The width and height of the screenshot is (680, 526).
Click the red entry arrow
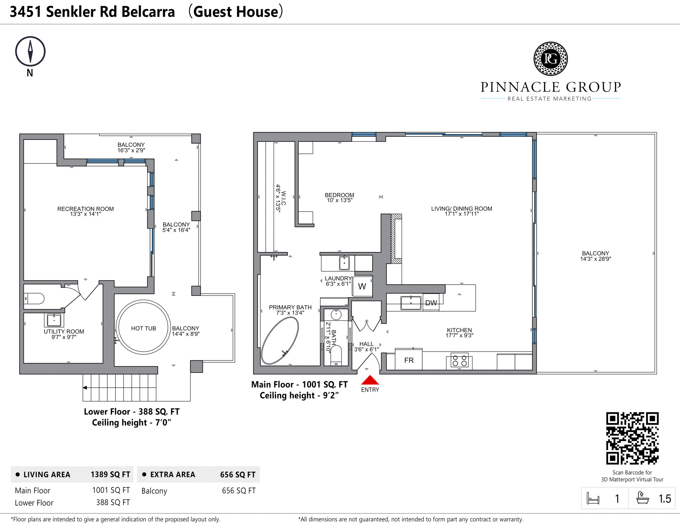pyautogui.click(x=370, y=380)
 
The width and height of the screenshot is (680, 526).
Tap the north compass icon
pyautogui.click(x=30, y=52)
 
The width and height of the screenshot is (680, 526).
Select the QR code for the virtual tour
pyautogui.click(x=632, y=438)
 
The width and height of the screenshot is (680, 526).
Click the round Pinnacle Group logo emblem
pyautogui.click(x=550, y=59)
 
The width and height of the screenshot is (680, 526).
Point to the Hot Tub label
pyautogui.click(x=143, y=328)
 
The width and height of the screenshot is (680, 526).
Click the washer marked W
pyautogui.click(x=362, y=286)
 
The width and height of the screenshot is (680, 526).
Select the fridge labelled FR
pyautogui.click(x=408, y=360)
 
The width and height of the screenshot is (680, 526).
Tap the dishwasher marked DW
pyautogui.click(x=431, y=303)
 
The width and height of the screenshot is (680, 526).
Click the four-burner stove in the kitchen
pyautogui.click(x=460, y=361)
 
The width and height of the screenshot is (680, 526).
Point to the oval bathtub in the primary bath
pyautogui.click(x=279, y=340)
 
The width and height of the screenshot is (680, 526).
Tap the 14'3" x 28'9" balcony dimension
pyautogui.click(x=595, y=259)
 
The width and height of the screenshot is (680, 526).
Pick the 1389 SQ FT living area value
pyautogui.click(x=110, y=475)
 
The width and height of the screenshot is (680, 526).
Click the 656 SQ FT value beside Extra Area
pyautogui.click(x=238, y=475)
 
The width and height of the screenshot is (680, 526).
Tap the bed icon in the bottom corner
pyautogui.click(x=593, y=499)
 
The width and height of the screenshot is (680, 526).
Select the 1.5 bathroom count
pyautogui.click(x=664, y=499)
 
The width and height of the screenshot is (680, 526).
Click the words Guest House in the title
pyautogui.click(x=235, y=12)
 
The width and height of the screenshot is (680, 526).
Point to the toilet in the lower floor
pyautogui.click(x=34, y=298)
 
